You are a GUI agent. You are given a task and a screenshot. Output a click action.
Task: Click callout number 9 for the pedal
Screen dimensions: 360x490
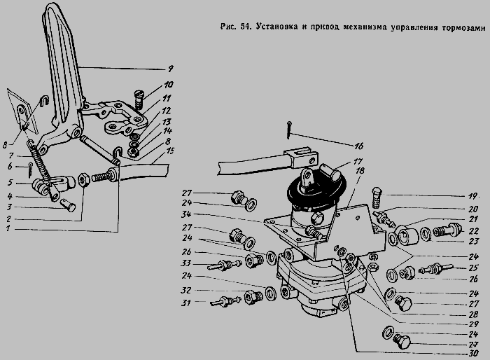[170, 68]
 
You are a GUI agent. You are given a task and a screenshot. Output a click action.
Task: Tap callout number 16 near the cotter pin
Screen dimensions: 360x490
[359, 146]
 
